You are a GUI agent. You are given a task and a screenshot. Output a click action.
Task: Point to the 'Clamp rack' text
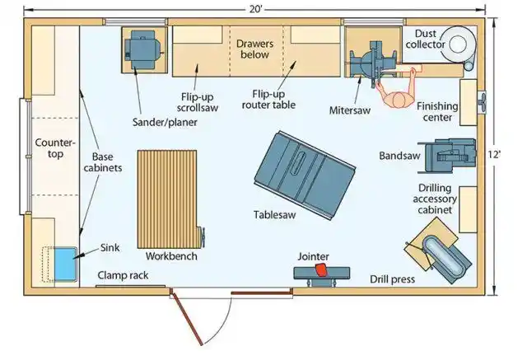[123, 275]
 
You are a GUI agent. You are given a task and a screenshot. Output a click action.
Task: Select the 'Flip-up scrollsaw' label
[200, 101]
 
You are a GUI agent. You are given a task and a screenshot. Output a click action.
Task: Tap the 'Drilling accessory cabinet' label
[434, 199]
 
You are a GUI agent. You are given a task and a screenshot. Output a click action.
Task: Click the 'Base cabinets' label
[107, 161]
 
